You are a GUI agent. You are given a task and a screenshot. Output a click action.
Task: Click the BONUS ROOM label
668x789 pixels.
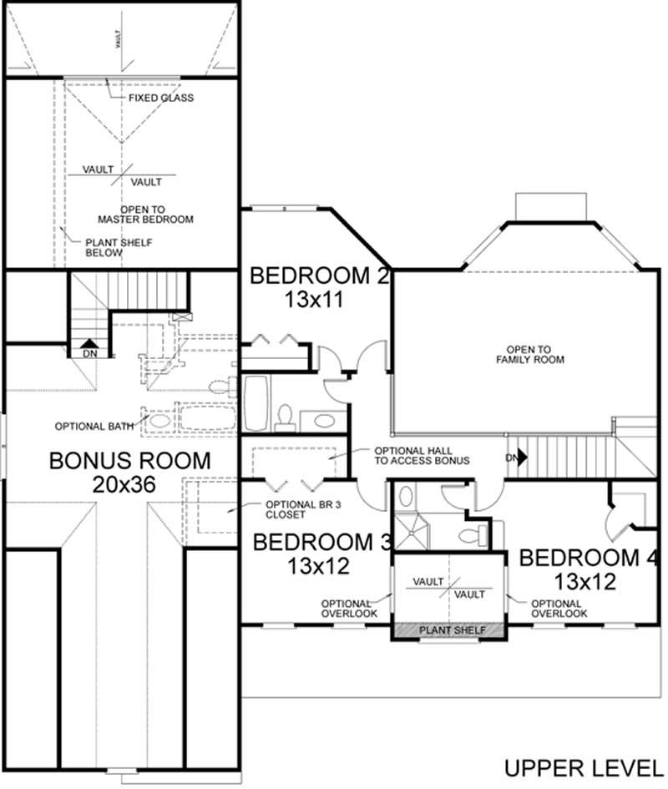(129, 460)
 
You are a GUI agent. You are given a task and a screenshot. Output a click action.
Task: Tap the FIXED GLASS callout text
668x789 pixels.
(160, 98)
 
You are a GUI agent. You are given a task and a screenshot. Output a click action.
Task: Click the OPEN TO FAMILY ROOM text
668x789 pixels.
(536, 354)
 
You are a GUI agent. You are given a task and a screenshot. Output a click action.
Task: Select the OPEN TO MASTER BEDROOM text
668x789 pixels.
(145, 214)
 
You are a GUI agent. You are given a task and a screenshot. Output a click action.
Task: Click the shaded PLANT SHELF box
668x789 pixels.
(449, 631)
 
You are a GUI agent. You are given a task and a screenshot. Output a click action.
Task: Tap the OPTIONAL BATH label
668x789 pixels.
(94, 426)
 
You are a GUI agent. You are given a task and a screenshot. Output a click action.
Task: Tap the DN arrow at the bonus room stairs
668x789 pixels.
(88, 344)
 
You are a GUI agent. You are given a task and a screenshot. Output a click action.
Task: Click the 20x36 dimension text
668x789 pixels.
(129, 485)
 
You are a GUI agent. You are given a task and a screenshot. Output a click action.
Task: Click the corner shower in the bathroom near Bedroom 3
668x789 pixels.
(411, 526)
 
